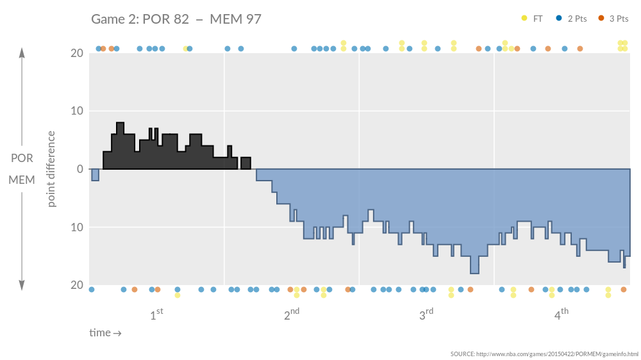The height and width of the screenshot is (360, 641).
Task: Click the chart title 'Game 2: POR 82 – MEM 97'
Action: click(x=176, y=19)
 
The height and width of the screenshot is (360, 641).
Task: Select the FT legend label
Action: click(x=538, y=19)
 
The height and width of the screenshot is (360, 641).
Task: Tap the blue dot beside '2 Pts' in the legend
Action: click(x=558, y=19)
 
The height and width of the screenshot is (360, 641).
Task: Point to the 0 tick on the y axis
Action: click(x=79, y=169)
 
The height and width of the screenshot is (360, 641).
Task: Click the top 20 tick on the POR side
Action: click(x=76, y=53)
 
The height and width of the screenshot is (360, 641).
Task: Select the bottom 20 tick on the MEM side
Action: click(x=76, y=285)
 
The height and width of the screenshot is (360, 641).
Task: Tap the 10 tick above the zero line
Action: click(x=76, y=111)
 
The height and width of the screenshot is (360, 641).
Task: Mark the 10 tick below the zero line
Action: click(x=76, y=227)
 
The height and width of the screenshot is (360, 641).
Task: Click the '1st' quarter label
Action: click(x=156, y=315)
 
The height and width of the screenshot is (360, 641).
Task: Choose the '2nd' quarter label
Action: click(x=292, y=315)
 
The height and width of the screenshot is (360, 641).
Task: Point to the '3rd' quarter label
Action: click(x=426, y=315)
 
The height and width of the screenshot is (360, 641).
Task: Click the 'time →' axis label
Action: click(x=105, y=333)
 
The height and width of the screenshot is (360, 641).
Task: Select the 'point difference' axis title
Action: click(x=52, y=169)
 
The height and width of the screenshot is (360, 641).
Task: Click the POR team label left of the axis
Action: click(x=22, y=158)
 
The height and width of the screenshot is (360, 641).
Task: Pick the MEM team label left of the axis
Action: click(x=22, y=180)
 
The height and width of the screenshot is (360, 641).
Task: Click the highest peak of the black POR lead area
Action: click(x=121, y=124)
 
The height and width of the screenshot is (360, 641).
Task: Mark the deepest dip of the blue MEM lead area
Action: click(x=474, y=272)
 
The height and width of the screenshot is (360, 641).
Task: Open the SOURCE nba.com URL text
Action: click(x=544, y=354)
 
